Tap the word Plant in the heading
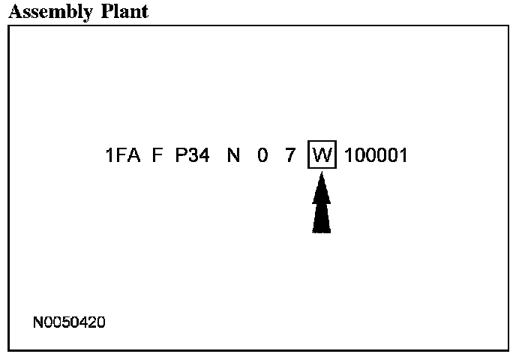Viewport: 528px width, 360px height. point(123,11)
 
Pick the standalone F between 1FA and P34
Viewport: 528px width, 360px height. point(157,157)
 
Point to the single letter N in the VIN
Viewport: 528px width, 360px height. point(234,157)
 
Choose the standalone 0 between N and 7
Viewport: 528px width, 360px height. point(262,157)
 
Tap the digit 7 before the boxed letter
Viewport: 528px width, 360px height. point(290,157)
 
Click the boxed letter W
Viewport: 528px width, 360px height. point(322,157)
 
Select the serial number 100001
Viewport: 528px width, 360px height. point(376,157)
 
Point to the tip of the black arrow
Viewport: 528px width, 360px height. point(322,174)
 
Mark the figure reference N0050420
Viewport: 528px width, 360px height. point(70,322)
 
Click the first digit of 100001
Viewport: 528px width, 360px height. point(349,157)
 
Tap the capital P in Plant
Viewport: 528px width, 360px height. point(105,11)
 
